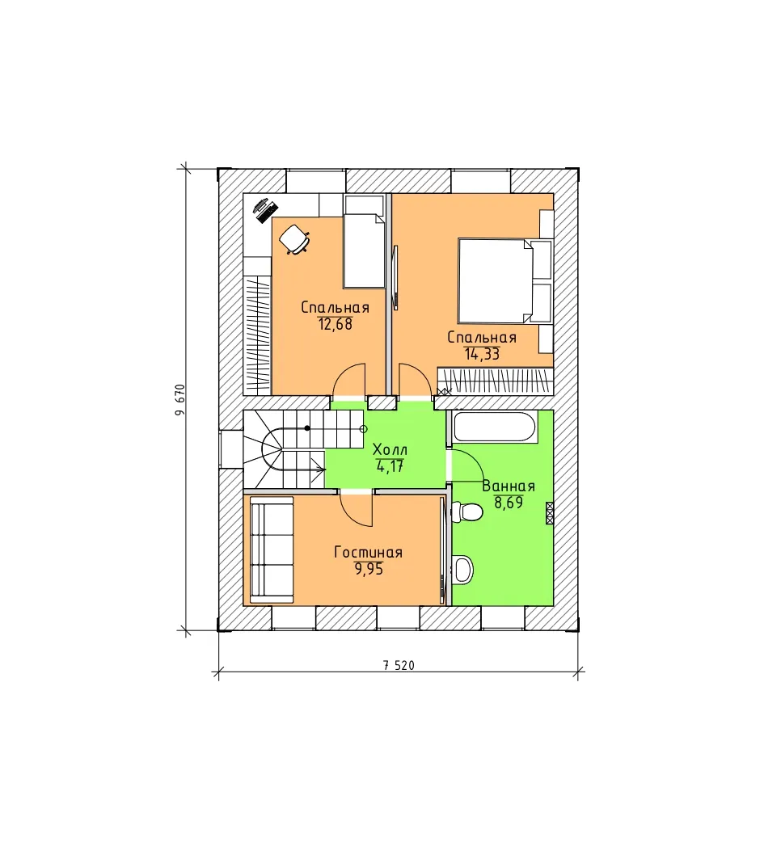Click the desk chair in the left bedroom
[x=294, y=239]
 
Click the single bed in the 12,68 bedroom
[x=364, y=250]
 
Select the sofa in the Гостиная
[x=272, y=549]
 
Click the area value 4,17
[x=390, y=467]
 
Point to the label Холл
[x=390, y=450]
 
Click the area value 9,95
[x=369, y=569]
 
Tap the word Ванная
[x=509, y=486]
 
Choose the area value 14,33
[x=483, y=354]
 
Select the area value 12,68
[x=335, y=324]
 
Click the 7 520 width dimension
[x=399, y=666]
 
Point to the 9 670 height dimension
[x=180, y=399]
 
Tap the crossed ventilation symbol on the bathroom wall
[x=550, y=513]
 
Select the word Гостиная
[x=369, y=552]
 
